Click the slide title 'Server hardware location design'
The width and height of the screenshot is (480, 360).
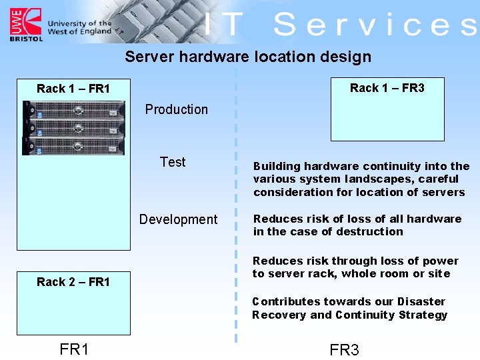pyautogui.click(x=248, y=57)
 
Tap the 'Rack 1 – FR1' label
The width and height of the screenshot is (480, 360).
pyautogui.click(x=73, y=89)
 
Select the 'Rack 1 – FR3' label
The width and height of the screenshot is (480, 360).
pyautogui.click(x=387, y=88)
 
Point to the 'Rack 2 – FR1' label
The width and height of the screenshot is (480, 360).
pyautogui.click(x=73, y=282)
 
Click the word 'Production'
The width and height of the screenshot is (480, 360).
pyautogui.click(x=177, y=109)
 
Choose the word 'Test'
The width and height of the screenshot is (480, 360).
pyautogui.click(x=173, y=162)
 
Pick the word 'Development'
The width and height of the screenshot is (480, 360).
pyautogui.click(x=178, y=219)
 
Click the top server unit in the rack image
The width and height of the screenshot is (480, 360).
pyautogui.click(x=73, y=109)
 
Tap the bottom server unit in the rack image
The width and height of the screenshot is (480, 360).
pyautogui.click(x=73, y=145)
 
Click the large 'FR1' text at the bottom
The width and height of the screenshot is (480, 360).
pyautogui.click(x=74, y=349)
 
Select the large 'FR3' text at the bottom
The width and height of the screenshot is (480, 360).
pyautogui.click(x=344, y=350)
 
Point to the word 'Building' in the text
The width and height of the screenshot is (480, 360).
pyautogui.click(x=275, y=166)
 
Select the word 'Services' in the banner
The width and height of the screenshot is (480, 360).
pyautogui.click(x=375, y=25)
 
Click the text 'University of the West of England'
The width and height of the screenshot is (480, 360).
pyautogui.click(x=79, y=27)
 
